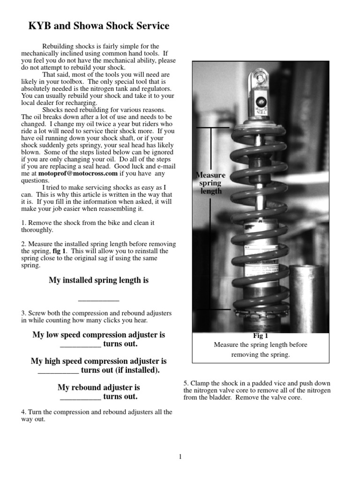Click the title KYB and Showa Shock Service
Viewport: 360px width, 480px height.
(99, 26)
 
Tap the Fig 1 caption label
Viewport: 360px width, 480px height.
(260, 336)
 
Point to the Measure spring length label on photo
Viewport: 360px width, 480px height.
(211, 183)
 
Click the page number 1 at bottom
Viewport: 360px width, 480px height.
(180, 457)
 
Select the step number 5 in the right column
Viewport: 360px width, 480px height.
(186, 383)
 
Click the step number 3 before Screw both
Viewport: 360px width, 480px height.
(23, 313)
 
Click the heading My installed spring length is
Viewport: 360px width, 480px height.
(98, 280)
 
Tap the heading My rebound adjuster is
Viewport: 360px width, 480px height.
(98, 388)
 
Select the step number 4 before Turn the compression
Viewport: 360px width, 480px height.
(23, 412)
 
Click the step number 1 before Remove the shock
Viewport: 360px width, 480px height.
(23, 223)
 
